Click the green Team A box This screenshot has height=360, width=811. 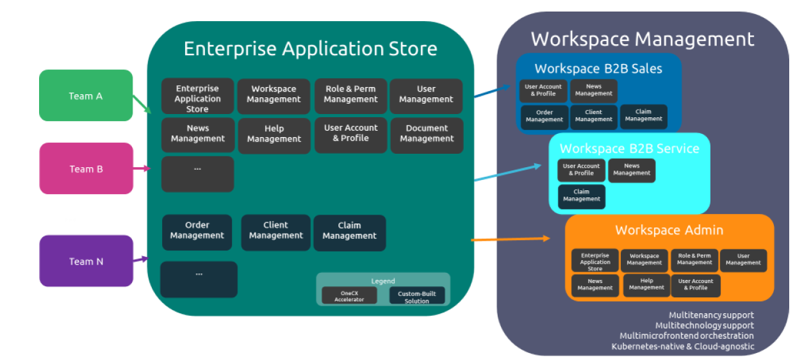[86, 95]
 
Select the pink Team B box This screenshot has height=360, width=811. [86, 168]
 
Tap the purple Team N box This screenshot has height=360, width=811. [86, 261]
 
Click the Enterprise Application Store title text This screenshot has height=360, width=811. [310, 49]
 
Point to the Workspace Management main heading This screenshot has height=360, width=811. [643, 39]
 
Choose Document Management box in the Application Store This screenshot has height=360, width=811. [426, 134]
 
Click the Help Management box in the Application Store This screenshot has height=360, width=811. [274, 134]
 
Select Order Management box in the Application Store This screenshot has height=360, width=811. [197, 231]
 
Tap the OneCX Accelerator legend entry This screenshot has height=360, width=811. [348, 296]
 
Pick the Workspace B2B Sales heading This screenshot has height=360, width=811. [598, 69]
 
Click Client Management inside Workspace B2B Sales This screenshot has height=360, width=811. [593, 116]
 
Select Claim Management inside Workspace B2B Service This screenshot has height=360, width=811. [581, 195]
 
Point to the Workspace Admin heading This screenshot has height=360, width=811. [669, 230]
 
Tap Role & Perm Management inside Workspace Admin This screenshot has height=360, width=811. [694, 259]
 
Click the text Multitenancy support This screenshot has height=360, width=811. [711, 315]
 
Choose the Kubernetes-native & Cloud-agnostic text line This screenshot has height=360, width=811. [682, 347]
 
